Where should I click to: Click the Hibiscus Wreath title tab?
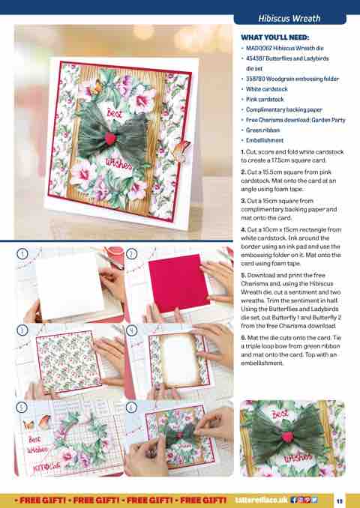pos(289,19)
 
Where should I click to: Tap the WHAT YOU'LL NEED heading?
pos(275,37)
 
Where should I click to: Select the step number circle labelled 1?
pos(22,254)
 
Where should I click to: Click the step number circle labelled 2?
pos(131,254)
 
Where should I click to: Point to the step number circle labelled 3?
pos(22,330)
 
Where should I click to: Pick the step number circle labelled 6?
pos(131,407)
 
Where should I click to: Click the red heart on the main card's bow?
pos(110,138)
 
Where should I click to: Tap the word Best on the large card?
pos(114,113)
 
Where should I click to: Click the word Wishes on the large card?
pos(119,164)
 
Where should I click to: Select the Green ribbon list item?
pos(262,130)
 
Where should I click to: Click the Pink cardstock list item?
pos(265,100)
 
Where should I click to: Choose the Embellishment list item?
pos(265,140)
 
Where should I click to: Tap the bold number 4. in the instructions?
pos(244,230)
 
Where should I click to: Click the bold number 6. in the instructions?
pos(244,338)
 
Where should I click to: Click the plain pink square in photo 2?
pos(178,282)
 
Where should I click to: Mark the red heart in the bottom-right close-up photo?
pos(287,436)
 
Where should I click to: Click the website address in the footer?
pos(261,500)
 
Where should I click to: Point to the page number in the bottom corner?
pos(340,501)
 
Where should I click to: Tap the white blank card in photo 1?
pos(70,285)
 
